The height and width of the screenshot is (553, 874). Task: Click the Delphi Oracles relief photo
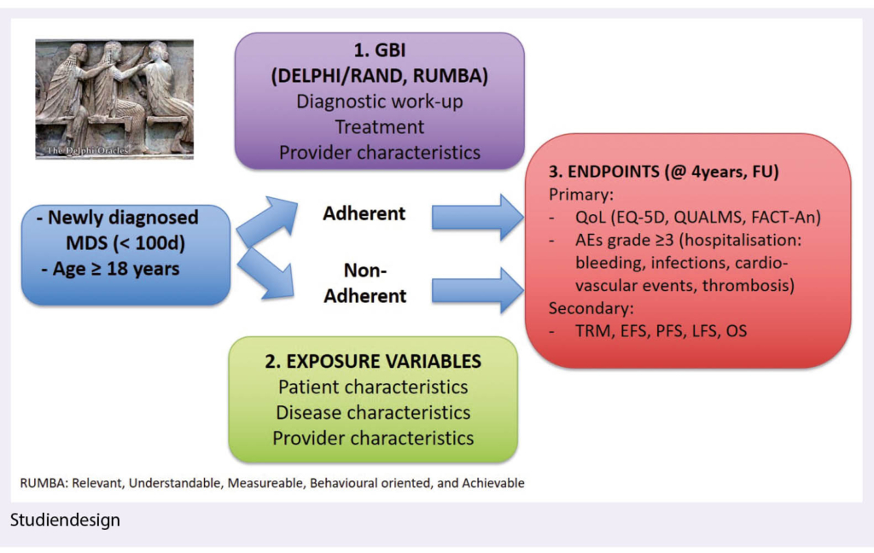pos(114,98)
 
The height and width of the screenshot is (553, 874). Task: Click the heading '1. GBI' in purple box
pos(379,51)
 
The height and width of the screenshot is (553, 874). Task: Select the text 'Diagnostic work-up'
pos(379,101)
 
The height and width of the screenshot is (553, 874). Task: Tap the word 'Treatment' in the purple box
pos(379,126)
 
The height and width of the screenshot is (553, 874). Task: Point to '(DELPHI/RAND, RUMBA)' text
pos(379,76)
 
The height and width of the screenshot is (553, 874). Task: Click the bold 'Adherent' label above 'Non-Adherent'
pos(364,213)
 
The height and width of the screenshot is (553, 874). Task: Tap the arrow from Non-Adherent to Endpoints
pos(478,290)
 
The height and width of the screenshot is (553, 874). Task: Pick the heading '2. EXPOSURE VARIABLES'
pos(373,360)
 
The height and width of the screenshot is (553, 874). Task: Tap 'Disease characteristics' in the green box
pos(373,412)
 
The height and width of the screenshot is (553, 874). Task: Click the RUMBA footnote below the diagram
pos(272,483)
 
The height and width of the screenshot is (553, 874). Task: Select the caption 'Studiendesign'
pos(66,519)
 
